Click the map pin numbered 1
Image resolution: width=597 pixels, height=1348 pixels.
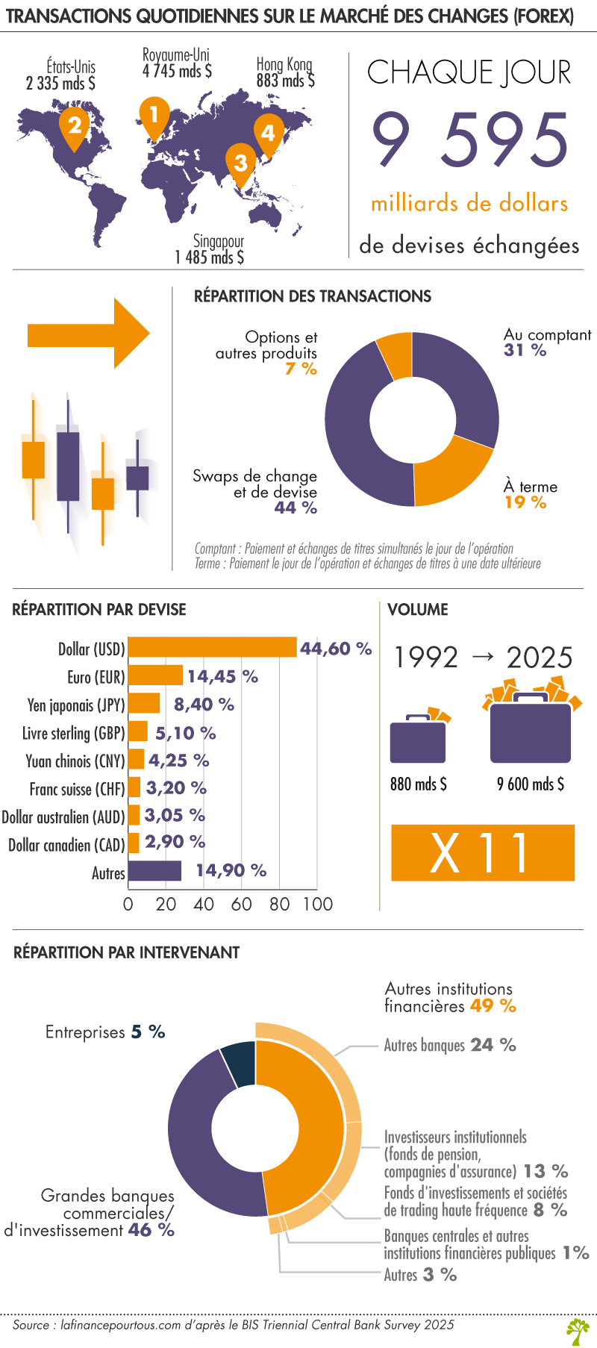tap(154, 116)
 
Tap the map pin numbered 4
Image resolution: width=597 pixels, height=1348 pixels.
tap(268, 133)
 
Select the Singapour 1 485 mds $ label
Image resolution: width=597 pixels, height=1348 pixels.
tap(210, 249)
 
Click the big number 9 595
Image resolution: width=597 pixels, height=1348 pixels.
tap(470, 140)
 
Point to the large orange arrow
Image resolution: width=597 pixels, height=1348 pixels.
tap(88, 334)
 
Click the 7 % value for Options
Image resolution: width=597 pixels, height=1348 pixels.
tap(301, 369)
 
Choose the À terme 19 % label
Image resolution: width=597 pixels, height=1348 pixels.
tap(530, 494)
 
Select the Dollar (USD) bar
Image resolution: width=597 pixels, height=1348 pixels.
tap(213, 648)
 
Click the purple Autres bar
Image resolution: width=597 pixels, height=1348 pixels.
tap(155, 871)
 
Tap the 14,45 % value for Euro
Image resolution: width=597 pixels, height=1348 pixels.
tap(222, 676)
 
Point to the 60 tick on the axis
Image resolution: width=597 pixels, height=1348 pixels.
tap(241, 904)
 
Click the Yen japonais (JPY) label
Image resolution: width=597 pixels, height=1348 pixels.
tap(76, 705)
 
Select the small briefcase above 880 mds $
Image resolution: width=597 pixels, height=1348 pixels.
tap(419, 739)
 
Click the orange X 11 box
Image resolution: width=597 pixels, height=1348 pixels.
tap(483, 852)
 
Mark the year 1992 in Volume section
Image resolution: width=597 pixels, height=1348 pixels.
tap(426, 657)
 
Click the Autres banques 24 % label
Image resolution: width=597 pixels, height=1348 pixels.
tap(450, 1045)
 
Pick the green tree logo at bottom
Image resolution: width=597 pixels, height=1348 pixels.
tap(578, 1331)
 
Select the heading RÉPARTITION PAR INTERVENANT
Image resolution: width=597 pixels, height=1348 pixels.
tap(127, 952)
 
